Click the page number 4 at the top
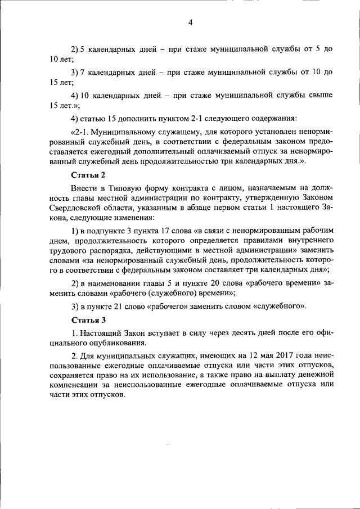pyautogui.click(x=190, y=22)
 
